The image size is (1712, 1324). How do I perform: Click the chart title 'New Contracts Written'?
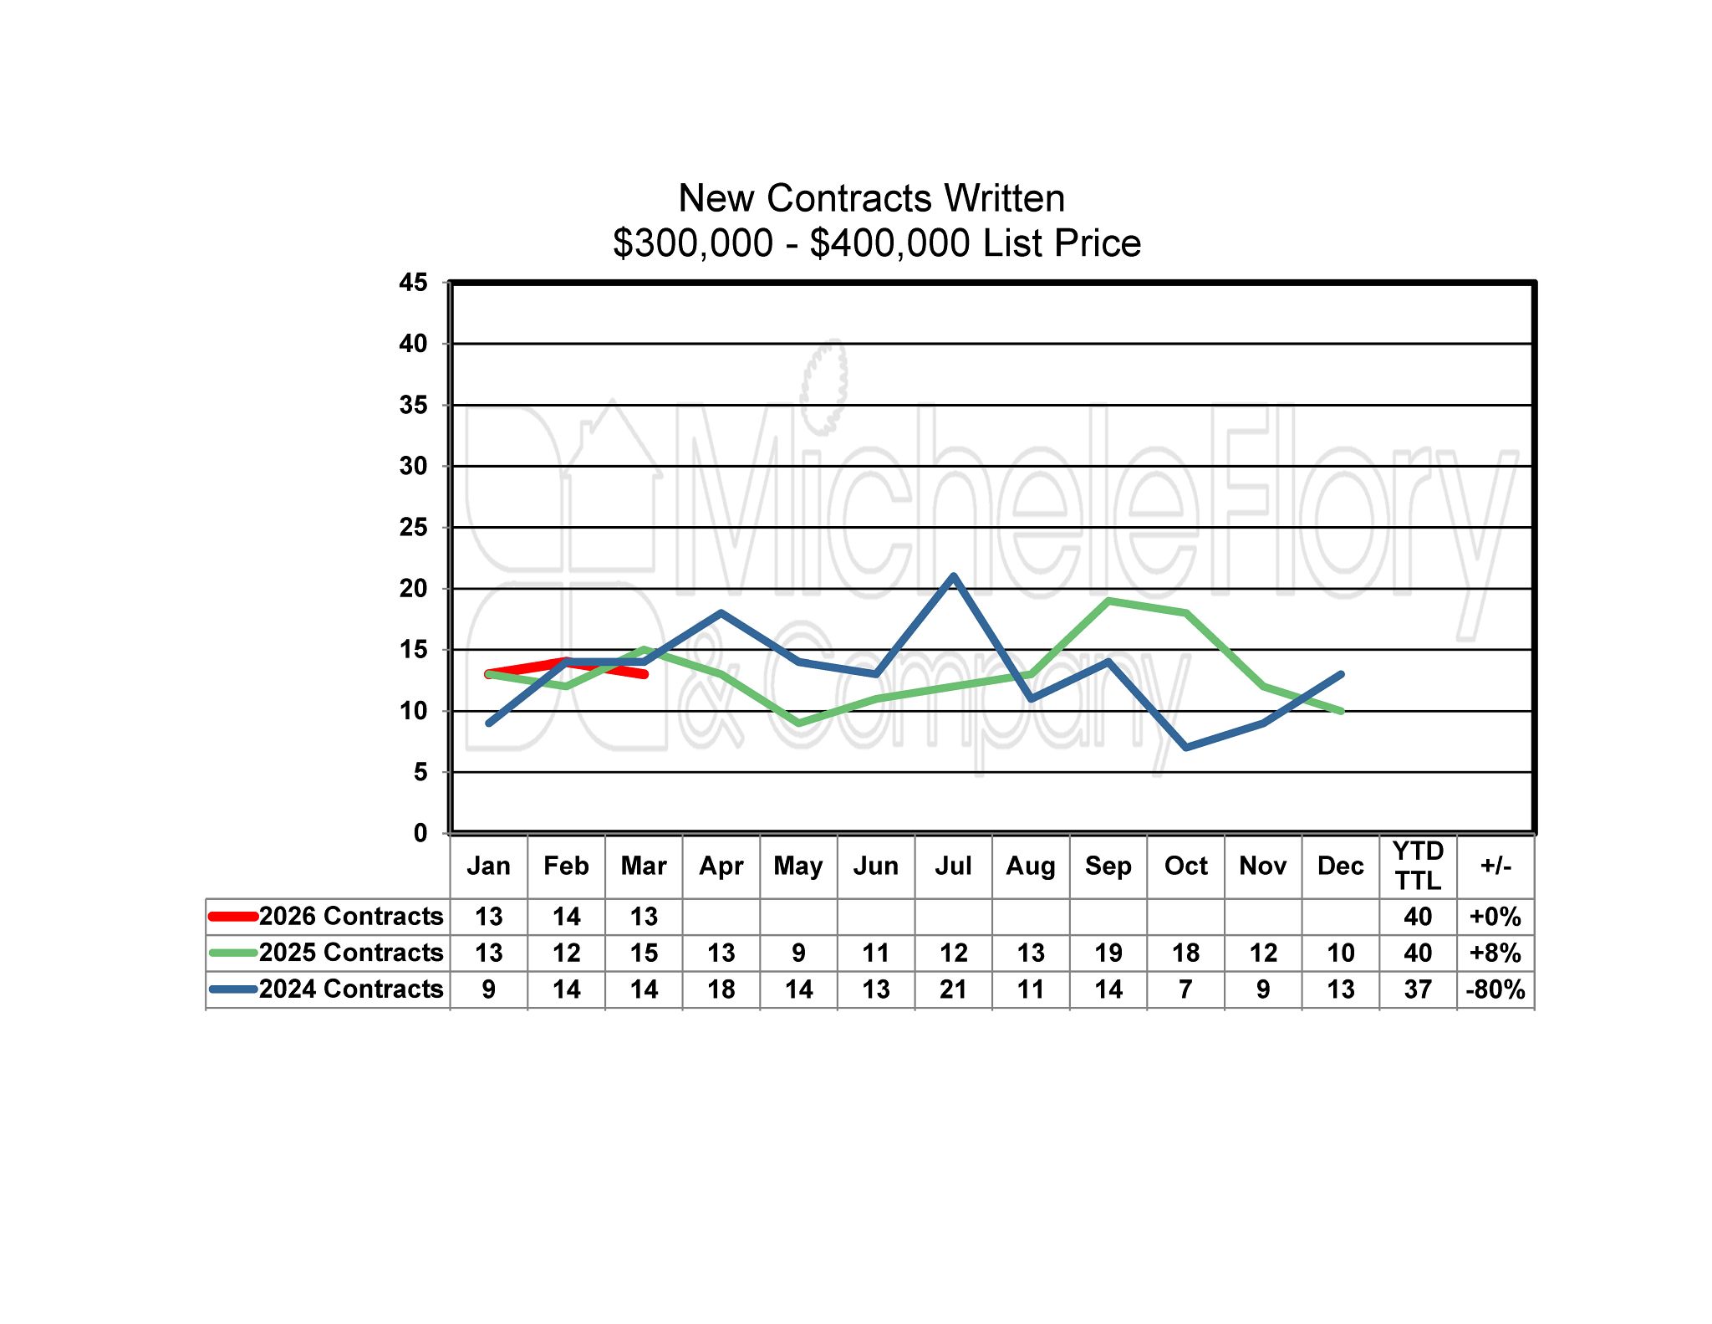[x=871, y=199]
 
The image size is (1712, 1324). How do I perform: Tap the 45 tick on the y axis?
[x=413, y=283]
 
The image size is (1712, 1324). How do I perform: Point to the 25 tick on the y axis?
[x=413, y=528]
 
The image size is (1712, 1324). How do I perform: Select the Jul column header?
[x=953, y=866]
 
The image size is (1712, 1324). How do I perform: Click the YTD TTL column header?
[x=1418, y=866]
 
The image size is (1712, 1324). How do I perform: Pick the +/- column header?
[x=1495, y=866]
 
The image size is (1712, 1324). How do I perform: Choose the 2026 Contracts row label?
[x=350, y=916]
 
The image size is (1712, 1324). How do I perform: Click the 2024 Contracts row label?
[x=350, y=989]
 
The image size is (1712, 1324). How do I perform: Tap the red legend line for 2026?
[x=232, y=916]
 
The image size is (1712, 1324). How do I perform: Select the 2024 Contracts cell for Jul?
[x=953, y=989]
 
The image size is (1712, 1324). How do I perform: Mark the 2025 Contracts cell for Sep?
[x=1108, y=953]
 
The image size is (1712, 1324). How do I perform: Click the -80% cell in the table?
[x=1495, y=989]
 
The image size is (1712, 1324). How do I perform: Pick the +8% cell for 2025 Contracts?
[x=1495, y=953]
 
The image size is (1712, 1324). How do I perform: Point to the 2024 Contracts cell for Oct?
[x=1185, y=989]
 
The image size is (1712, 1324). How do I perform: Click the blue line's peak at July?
[x=953, y=576]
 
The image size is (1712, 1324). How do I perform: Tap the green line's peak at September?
[x=1108, y=601]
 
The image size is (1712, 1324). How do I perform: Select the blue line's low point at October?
[x=1186, y=747]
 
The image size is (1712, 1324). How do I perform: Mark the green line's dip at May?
[x=799, y=723]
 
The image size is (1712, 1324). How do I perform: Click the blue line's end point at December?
[x=1341, y=674]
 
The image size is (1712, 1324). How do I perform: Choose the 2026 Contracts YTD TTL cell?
[x=1418, y=916]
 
